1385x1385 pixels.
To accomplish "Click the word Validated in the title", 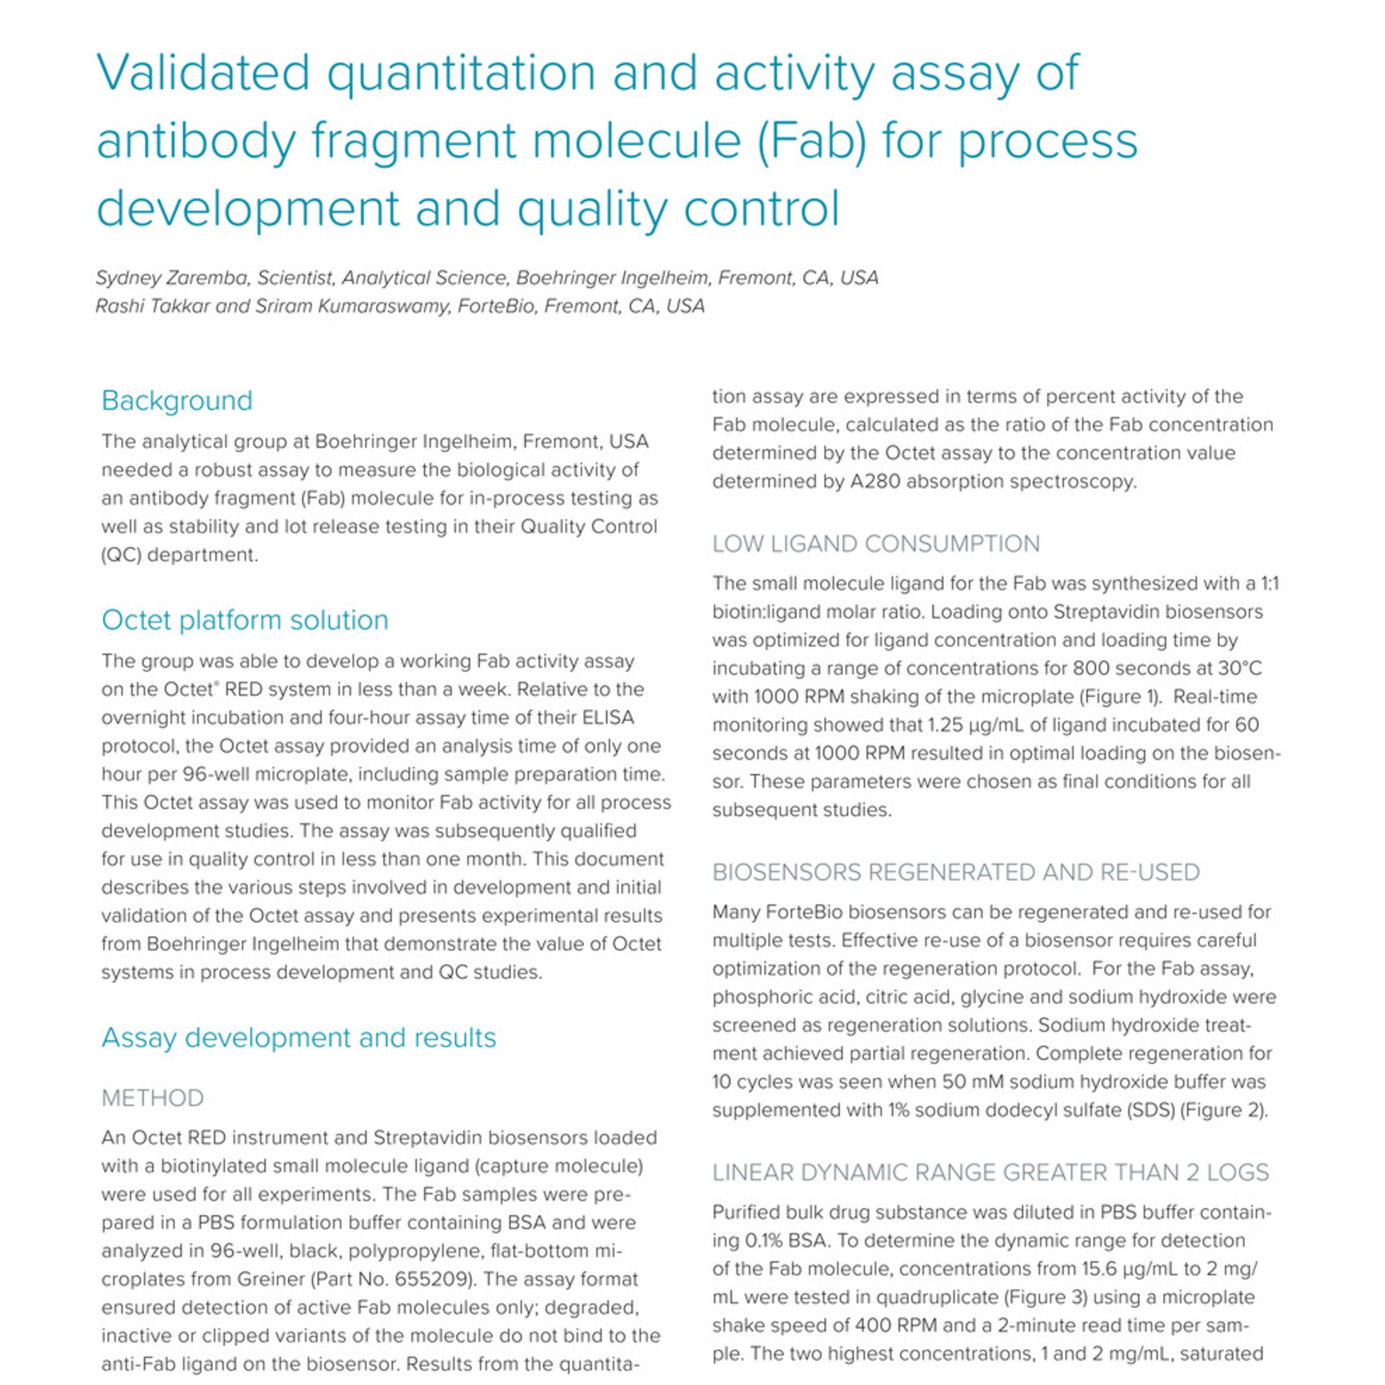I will pyautogui.click(x=203, y=73).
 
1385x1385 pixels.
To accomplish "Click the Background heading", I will pyautogui.click(x=177, y=400).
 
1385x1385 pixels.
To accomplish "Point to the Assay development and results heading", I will pyautogui.click(x=298, y=1038).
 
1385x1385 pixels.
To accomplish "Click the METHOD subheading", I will pyautogui.click(x=152, y=1098).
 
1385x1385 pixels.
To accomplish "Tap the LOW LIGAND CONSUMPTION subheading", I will pyautogui.click(x=875, y=544).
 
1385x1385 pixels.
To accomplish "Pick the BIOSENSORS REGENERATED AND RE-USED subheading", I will pyautogui.click(x=956, y=872).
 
